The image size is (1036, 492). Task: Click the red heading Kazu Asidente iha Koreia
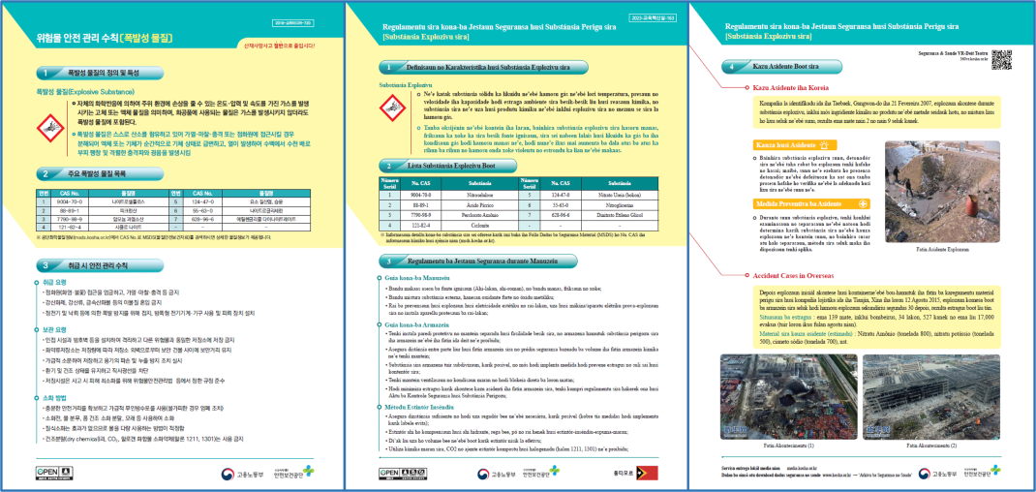click(800, 88)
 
